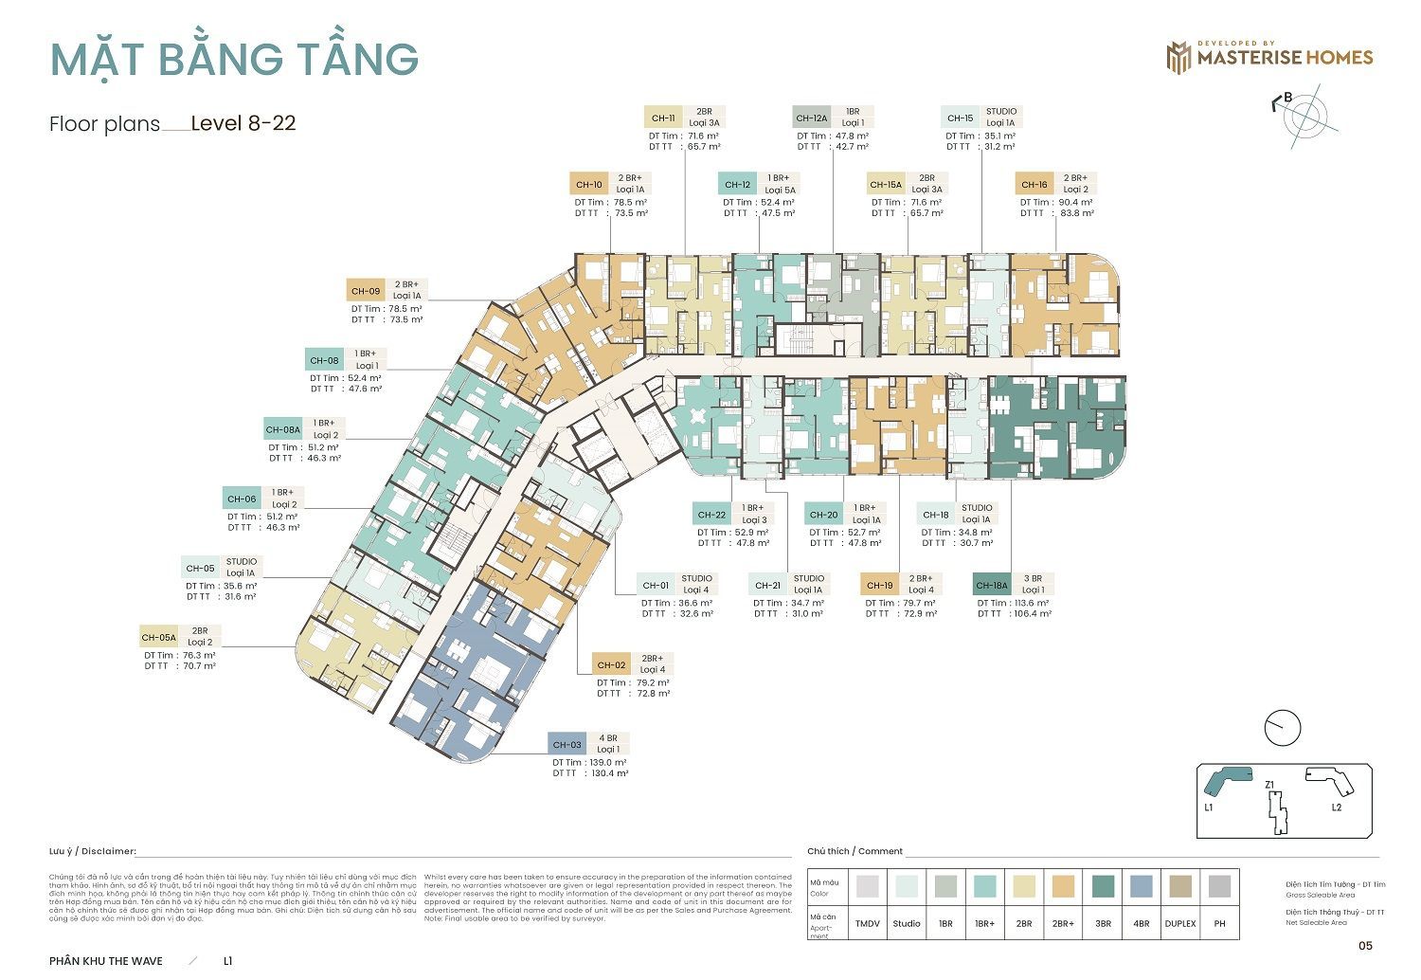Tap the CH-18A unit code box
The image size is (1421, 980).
click(991, 585)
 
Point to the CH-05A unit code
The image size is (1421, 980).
click(159, 637)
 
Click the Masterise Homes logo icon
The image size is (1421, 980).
click(1178, 57)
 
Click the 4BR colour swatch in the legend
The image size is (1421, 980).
click(1142, 887)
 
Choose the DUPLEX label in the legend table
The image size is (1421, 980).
click(1180, 923)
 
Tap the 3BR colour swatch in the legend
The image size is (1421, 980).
click(1103, 887)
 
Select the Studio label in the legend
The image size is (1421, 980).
click(907, 923)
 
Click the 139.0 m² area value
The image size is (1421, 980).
click(607, 762)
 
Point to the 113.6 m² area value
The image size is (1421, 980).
click(1031, 603)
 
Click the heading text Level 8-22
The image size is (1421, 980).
click(243, 123)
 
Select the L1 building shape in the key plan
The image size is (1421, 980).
click(1226, 779)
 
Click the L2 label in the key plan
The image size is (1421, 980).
click(1336, 808)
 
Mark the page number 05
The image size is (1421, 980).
click(1365, 945)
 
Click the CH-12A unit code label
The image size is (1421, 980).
click(811, 118)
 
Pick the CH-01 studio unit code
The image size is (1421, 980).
click(655, 585)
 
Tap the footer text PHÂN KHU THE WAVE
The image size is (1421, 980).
click(106, 961)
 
